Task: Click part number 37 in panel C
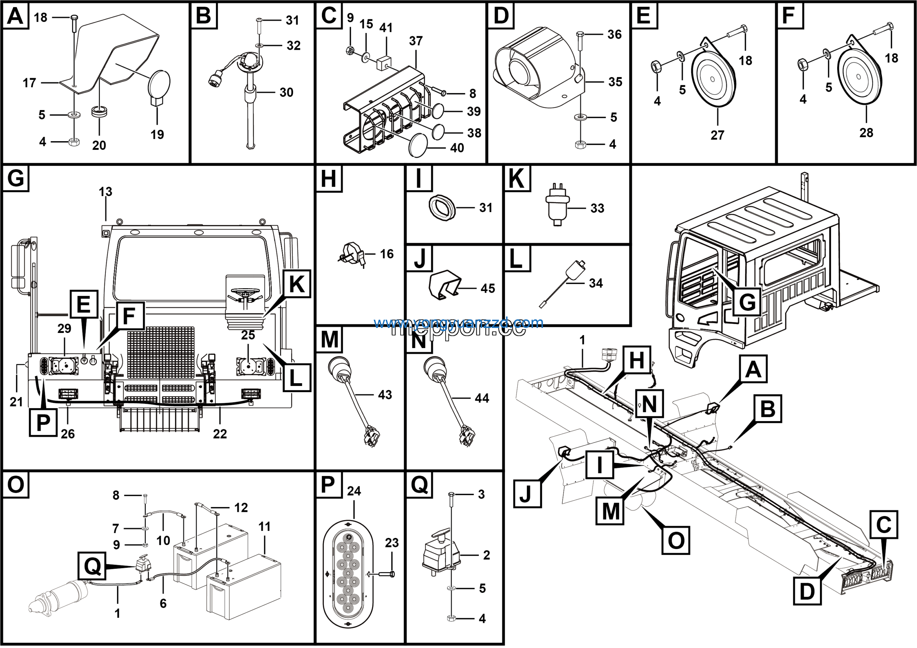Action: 416,41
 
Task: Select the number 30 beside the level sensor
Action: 286,92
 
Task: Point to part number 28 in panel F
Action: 866,133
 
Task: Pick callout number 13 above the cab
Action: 105,192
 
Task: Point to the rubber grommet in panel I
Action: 442,208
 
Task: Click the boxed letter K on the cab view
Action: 296,284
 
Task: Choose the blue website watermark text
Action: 458,323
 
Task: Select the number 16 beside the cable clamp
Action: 386,254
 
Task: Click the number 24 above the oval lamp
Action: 354,491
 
